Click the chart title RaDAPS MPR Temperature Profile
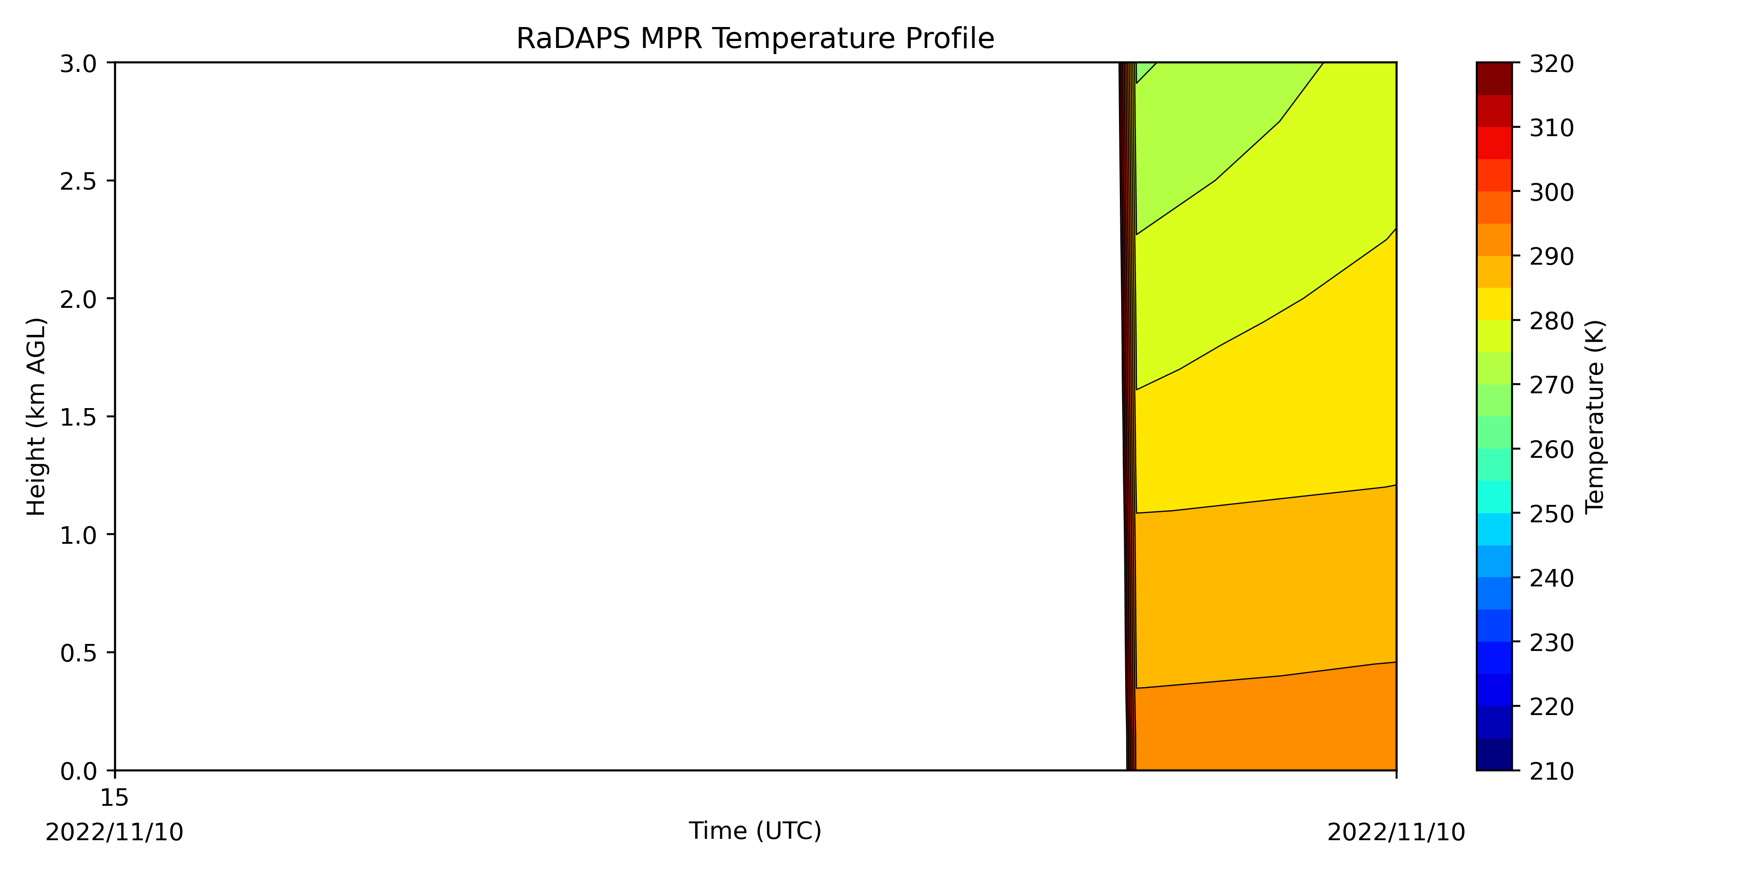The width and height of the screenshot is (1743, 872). point(755,39)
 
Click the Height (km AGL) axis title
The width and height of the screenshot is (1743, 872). point(37,417)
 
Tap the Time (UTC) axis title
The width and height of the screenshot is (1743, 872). point(755,831)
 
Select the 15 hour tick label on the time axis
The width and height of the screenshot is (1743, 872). point(114,798)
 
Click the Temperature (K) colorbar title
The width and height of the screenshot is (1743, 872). point(1595,416)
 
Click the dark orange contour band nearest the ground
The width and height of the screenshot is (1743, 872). point(1265,724)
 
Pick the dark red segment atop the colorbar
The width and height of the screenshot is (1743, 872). point(1494,78)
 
